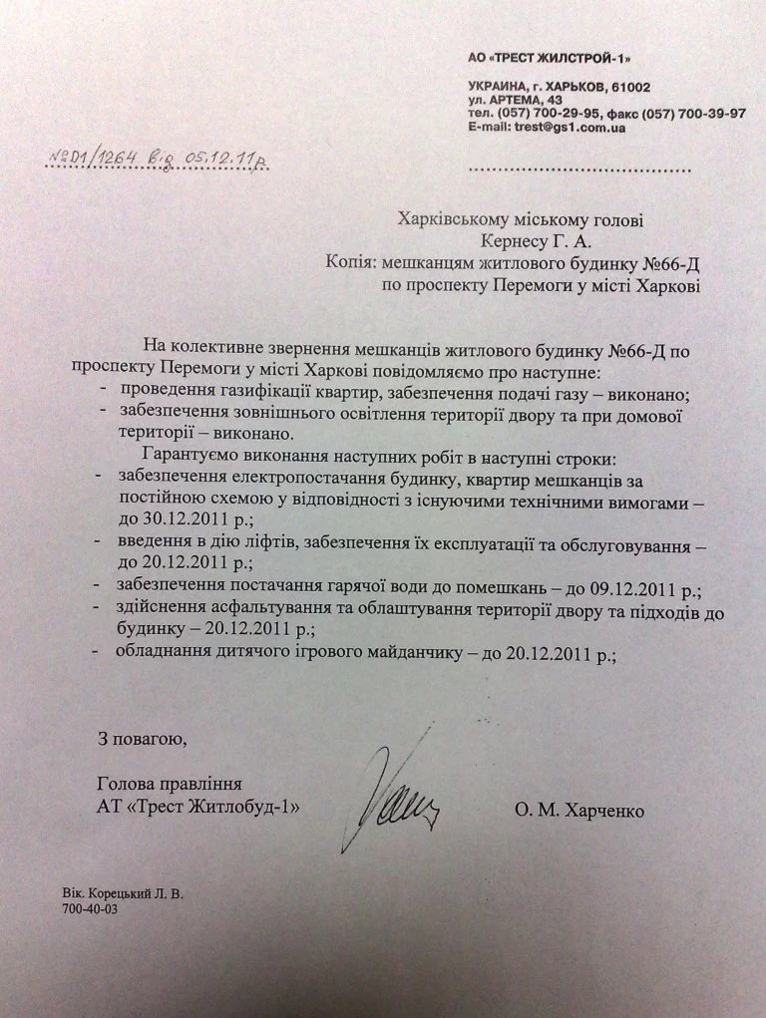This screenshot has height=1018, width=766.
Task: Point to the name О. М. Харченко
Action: tap(579, 812)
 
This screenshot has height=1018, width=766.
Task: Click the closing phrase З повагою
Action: tap(142, 739)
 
